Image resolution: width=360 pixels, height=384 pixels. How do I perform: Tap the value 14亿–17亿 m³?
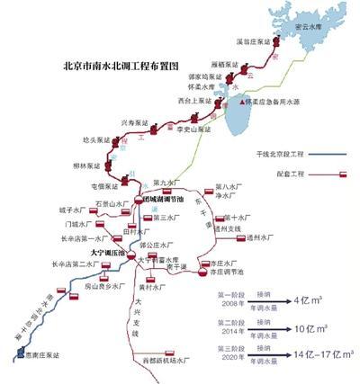317,354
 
